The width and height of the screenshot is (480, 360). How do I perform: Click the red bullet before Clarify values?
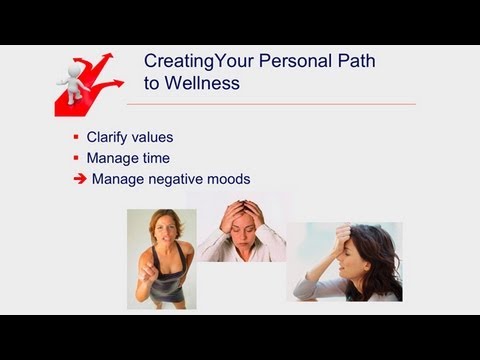(76, 137)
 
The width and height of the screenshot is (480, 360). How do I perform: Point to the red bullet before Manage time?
(76, 158)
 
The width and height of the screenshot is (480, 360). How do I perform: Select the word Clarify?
(105, 137)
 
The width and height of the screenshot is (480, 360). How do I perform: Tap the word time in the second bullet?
(155, 158)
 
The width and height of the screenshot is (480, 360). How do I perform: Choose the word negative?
(176, 180)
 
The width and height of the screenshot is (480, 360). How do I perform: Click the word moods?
(229, 180)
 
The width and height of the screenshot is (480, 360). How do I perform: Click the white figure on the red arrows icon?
(72, 76)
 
